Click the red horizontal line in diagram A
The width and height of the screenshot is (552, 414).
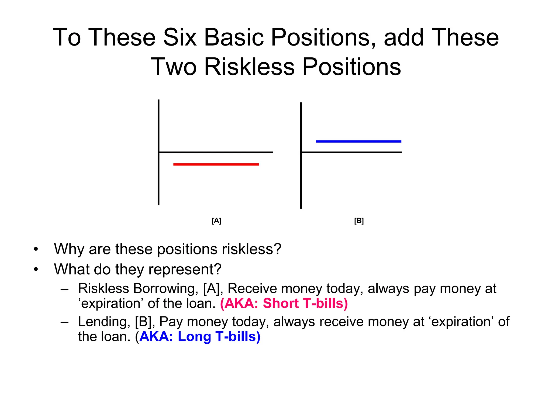click(x=216, y=164)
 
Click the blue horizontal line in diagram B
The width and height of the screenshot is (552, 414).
click(x=358, y=141)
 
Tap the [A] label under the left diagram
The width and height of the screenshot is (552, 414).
click(x=216, y=221)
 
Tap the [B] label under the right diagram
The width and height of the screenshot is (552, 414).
click(x=359, y=221)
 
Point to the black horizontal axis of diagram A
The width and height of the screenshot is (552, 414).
click(x=229, y=153)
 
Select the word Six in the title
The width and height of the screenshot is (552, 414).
click(x=180, y=37)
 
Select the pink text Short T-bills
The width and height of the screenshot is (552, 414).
click(x=305, y=303)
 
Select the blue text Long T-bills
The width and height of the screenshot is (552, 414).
click(x=219, y=336)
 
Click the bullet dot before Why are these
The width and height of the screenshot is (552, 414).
click(x=36, y=249)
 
